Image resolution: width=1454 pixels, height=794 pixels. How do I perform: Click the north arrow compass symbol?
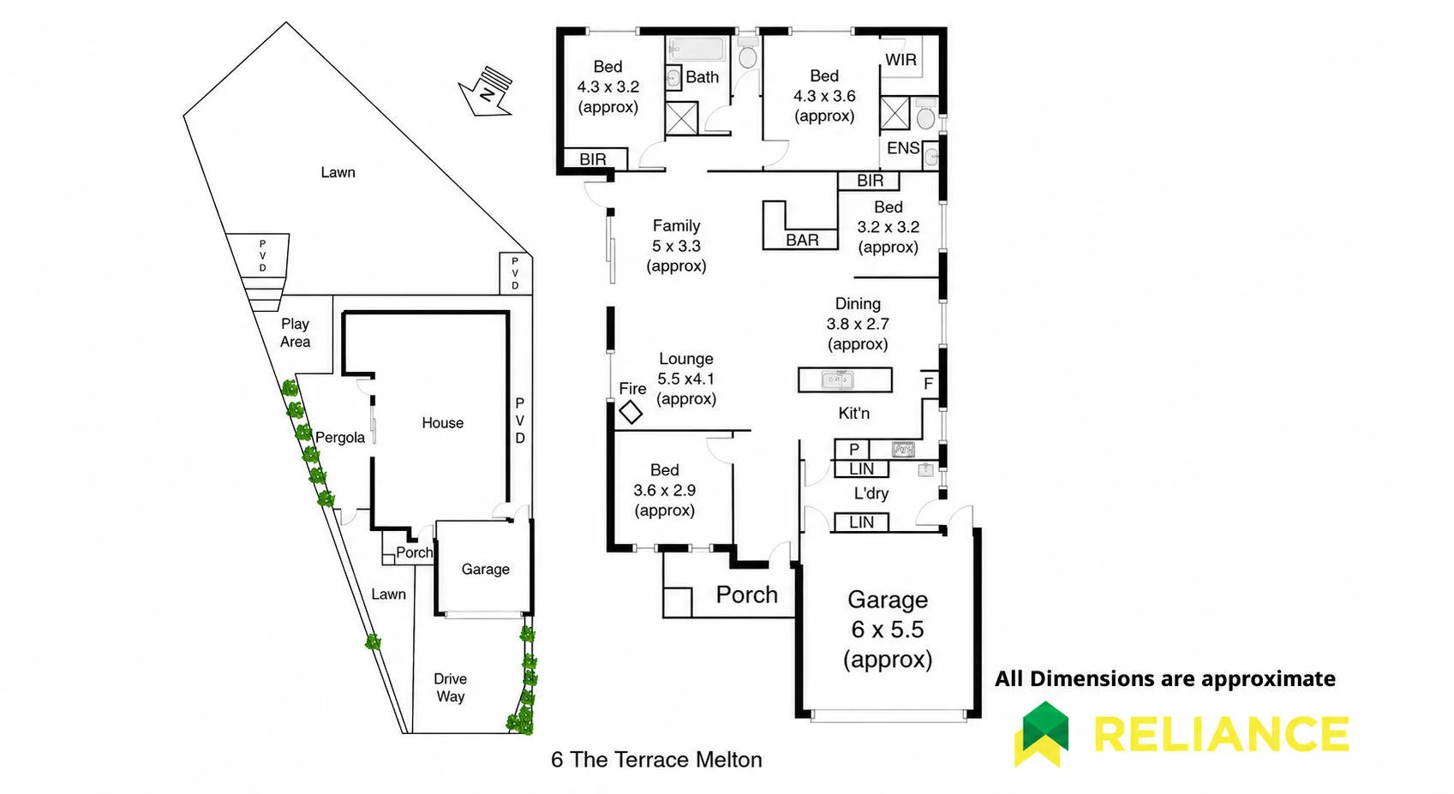point(486,93)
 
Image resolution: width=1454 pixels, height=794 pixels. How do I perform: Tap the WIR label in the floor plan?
point(901,60)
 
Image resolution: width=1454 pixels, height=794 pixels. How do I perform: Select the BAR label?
point(802,240)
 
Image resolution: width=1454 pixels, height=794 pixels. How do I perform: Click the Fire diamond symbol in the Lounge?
point(631,412)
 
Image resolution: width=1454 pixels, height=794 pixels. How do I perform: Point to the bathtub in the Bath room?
point(697,50)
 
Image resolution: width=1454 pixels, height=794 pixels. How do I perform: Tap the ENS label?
point(903,148)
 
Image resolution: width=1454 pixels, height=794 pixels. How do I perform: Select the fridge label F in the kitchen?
point(928,384)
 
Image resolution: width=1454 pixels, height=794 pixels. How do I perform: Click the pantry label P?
point(854,449)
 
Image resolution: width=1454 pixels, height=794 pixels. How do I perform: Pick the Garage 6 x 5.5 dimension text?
point(888,630)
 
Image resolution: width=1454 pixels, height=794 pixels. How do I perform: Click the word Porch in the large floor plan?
point(746,594)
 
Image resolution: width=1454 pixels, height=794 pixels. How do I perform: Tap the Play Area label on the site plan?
point(295,333)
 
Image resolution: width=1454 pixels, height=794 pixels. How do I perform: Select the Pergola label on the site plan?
point(340,438)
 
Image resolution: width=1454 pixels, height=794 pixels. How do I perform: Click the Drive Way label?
point(451,688)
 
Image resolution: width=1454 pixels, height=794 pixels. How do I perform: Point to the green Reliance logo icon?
point(1042,734)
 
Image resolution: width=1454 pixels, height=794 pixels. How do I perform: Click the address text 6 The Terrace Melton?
point(656,760)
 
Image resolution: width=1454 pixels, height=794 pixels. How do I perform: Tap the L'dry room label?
point(871,493)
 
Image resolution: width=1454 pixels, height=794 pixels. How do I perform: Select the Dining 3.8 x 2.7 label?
point(858,324)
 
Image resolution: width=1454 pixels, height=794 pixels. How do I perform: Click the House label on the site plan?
point(443,423)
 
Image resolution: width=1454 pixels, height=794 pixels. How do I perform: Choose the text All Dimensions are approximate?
point(1165,679)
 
